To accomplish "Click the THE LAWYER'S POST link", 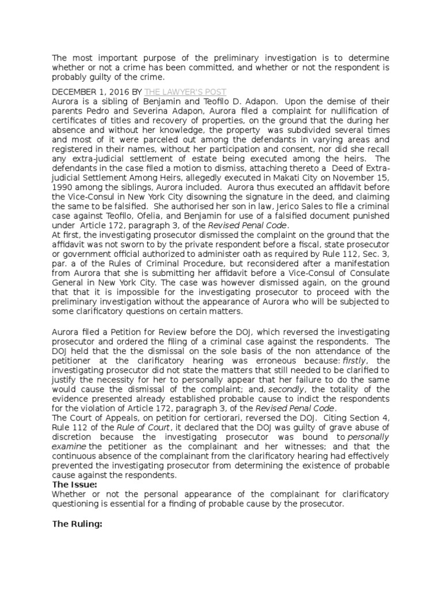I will coord(185,92).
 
